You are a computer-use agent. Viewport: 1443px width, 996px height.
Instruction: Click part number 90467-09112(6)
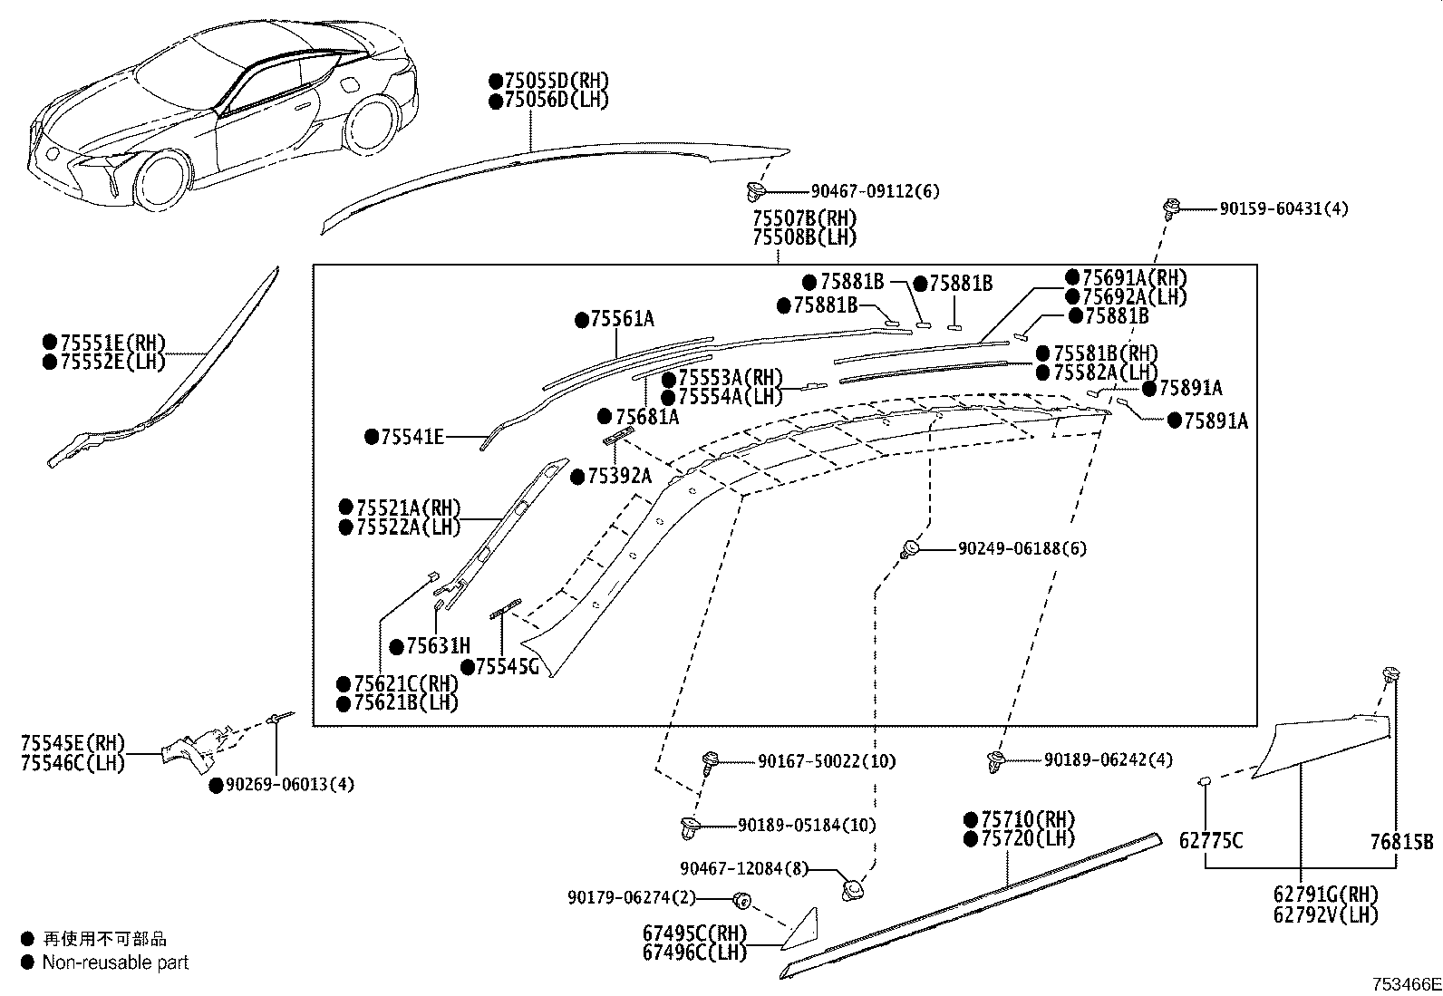pos(875,191)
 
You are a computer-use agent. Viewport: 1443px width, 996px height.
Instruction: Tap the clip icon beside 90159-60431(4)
pos(1171,208)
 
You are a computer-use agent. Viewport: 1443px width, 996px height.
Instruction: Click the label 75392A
pos(618,476)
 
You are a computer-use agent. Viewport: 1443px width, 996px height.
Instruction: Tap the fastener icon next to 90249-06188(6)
pos(910,548)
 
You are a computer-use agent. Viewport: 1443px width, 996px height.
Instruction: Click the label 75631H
pos(438,646)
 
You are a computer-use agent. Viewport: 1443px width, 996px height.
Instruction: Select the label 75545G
pos(507,667)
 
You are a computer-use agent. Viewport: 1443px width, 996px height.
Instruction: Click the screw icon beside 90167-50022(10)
pos(712,761)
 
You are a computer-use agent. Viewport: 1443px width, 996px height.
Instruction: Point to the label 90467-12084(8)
pos(743,869)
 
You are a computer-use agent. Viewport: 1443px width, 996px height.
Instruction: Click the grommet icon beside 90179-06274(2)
pos(741,899)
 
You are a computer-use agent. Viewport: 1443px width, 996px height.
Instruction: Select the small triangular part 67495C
pos(805,929)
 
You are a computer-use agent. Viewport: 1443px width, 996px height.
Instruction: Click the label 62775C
pos(1210,842)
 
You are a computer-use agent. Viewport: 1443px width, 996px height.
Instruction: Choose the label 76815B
pos(1400,842)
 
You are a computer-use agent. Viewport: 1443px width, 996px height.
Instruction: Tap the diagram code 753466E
pos(1405,984)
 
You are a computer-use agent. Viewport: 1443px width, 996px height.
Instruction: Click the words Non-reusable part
pos(115,962)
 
